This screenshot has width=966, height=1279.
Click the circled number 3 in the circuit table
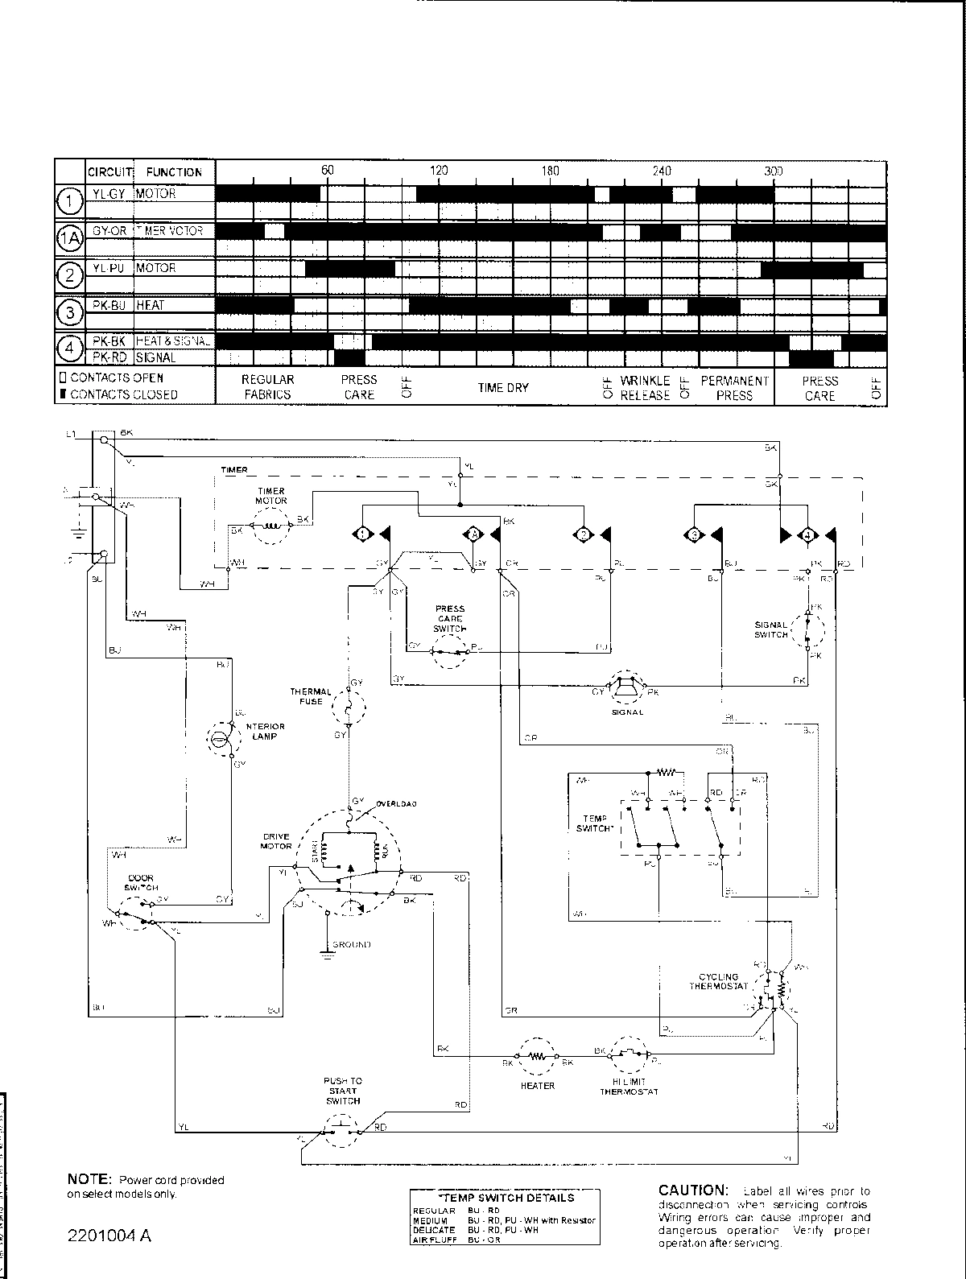[71, 311]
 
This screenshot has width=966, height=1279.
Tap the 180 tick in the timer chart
[550, 171]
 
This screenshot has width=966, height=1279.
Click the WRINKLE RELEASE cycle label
[645, 387]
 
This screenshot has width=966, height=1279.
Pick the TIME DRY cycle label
[503, 387]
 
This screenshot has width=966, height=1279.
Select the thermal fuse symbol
[349, 708]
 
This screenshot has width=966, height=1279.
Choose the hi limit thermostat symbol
[630, 1054]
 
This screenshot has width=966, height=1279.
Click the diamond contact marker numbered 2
[582, 534]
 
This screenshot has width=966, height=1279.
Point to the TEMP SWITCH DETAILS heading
[505, 1198]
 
